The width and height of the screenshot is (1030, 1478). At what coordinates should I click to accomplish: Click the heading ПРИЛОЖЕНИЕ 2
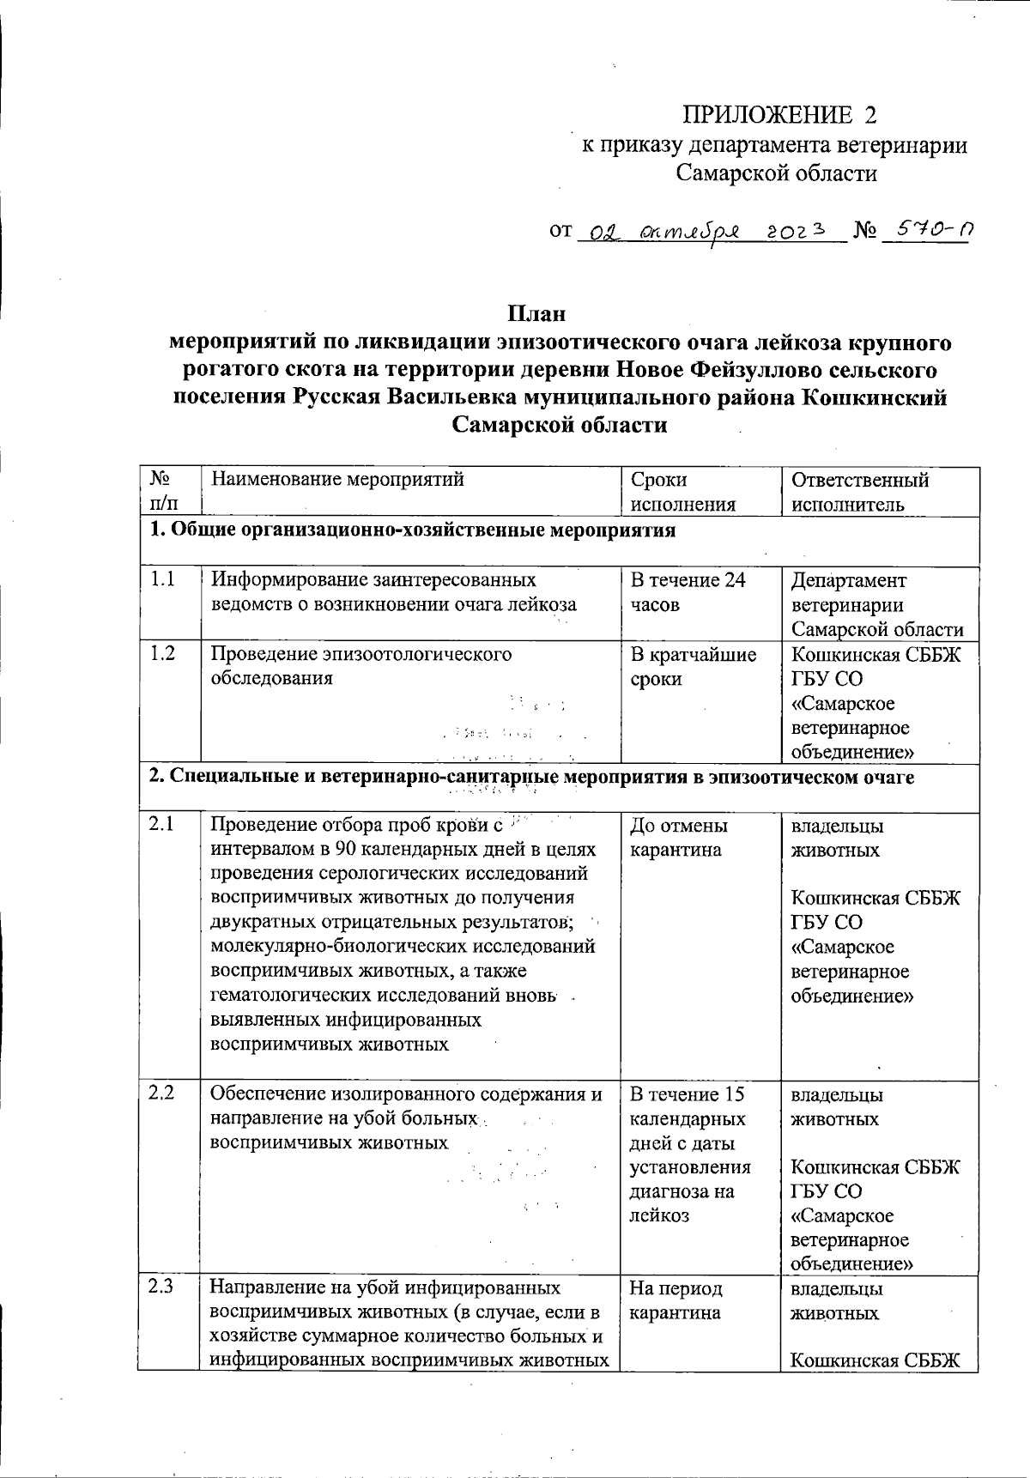point(780,115)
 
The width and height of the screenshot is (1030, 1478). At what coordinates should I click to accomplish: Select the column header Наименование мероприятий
point(337,480)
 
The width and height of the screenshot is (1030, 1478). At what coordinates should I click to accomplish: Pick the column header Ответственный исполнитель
point(860,492)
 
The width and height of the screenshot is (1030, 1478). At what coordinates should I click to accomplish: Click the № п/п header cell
point(164,492)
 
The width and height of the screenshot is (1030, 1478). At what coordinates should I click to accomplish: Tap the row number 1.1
point(162,580)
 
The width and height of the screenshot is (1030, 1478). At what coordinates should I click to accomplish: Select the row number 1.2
point(162,654)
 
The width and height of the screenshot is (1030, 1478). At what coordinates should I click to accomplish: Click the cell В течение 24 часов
point(688,592)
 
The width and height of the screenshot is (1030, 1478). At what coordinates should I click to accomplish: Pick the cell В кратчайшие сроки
point(693,667)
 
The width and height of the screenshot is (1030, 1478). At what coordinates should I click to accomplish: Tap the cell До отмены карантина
point(678,838)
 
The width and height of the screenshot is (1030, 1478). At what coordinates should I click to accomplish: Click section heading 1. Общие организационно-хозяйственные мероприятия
point(413,530)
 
